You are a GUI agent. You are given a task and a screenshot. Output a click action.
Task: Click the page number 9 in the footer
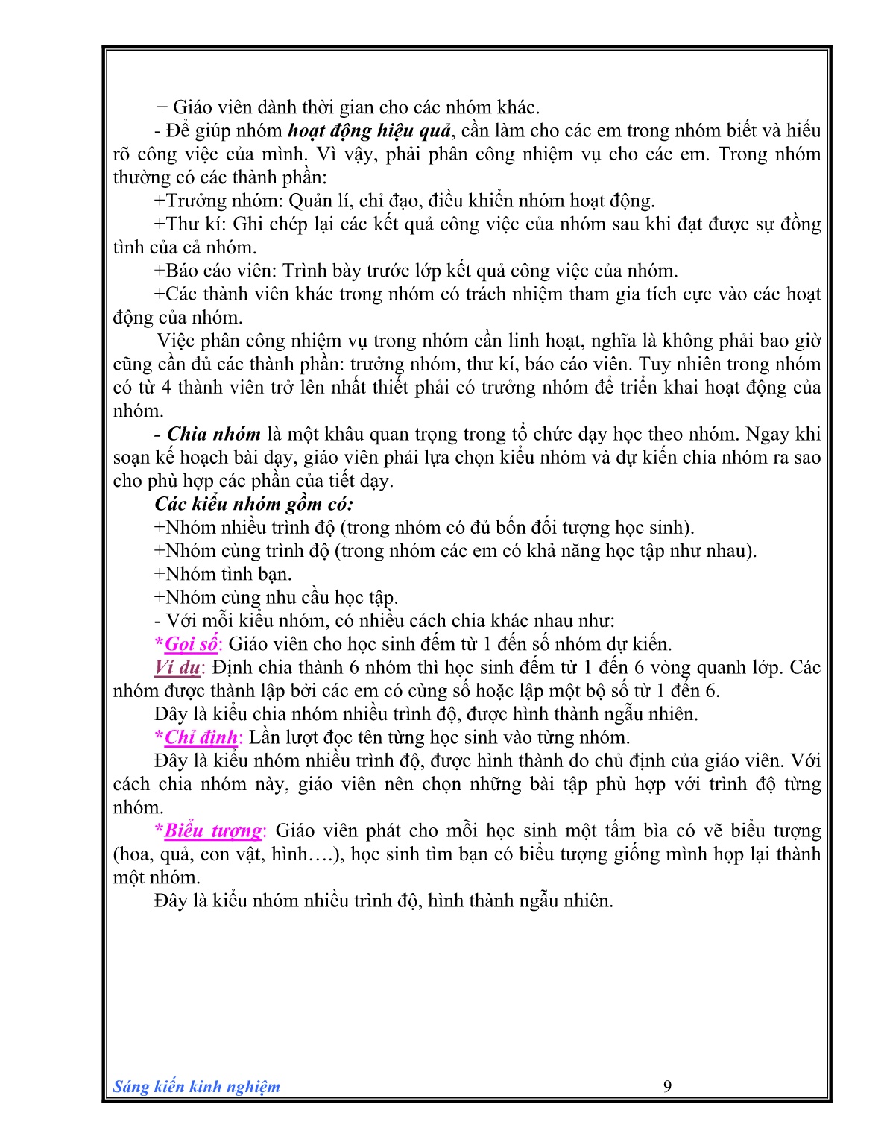click(x=667, y=1086)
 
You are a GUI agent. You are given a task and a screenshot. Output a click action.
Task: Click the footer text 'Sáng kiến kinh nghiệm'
click(x=196, y=1087)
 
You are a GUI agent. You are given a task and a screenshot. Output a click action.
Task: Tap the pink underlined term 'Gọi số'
click(x=192, y=644)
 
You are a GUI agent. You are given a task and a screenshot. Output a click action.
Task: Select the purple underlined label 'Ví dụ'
click(x=177, y=667)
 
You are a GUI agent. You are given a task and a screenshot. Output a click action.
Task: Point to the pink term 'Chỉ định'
click(x=201, y=737)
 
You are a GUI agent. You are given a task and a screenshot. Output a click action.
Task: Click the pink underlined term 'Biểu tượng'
click(x=213, y=830)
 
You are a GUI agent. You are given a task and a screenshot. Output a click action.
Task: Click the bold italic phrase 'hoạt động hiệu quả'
click(x=370, y=131)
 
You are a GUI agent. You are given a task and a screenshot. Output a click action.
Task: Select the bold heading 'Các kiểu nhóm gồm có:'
click(x=253, y=504)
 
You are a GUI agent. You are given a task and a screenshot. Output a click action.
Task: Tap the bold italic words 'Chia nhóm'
click(x=214, y=435)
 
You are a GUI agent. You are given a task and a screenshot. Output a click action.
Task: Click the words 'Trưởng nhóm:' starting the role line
click(x=224, y=201)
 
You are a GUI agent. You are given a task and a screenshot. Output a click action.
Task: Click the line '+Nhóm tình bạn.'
click(x=223, y=574)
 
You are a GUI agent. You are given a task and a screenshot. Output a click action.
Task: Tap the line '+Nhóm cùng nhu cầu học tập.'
click(x=276, y=598)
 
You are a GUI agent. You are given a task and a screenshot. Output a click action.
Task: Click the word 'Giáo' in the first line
click(x=193, y=107)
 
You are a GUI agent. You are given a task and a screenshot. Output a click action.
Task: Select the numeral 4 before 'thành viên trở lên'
click(x=165, y=388)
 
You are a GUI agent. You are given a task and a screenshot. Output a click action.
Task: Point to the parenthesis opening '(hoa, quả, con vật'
click(x=116, y=854)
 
